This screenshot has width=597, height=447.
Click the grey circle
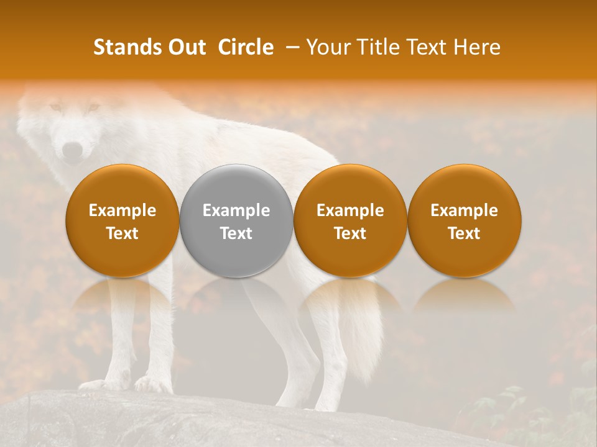236,220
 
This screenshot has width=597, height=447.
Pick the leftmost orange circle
123,220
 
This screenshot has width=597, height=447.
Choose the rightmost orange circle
465,220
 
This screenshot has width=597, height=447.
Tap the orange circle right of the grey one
350,220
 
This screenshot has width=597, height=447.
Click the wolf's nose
73,149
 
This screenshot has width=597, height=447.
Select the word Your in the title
326,47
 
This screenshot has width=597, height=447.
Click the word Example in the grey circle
236,210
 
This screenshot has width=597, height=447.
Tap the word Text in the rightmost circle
465,233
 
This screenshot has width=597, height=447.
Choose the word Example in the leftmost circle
123,210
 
